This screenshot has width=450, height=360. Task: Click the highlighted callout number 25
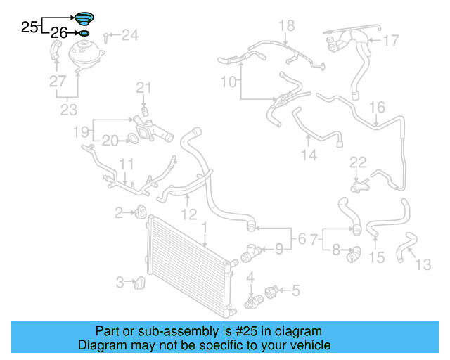coord(29,27)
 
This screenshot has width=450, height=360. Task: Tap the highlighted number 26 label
coord(60,33)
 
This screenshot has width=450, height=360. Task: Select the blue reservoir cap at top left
coord(84,19)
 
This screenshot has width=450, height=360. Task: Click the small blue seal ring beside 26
coord(84,33)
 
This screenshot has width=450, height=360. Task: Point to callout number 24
coord(130,34)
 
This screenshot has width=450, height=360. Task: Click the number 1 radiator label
coord(205,228)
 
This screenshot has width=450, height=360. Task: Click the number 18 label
coord(286,27)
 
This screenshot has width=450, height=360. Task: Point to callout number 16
coord(378,108)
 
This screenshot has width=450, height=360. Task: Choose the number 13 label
coord(423,265)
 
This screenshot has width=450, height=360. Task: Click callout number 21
coord(143,88)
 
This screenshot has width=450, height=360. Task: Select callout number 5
coord(295,289)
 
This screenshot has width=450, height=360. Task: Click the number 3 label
coord(120,282)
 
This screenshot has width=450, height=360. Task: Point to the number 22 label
coord(358,163)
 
